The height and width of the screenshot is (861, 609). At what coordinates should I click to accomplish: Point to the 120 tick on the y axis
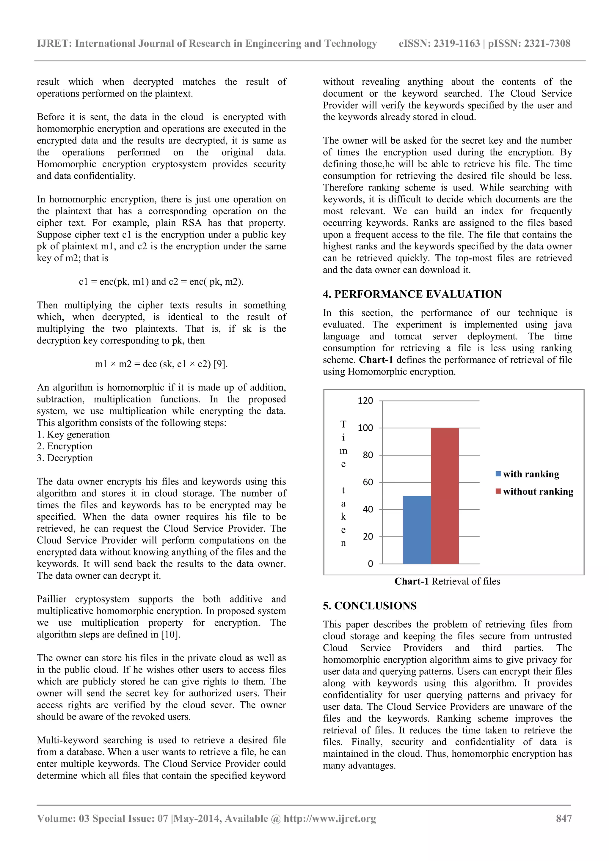[x=365, y=401]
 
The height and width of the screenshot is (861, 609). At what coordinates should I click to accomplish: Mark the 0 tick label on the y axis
[x=370, y=563]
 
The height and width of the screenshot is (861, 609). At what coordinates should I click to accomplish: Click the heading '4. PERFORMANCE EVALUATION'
[x=412, y=294]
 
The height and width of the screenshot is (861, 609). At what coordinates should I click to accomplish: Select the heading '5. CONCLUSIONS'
[x=370, y=606]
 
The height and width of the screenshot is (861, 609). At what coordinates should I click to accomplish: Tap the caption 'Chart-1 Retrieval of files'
[x=447, y=581]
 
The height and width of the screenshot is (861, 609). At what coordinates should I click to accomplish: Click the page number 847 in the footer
[x=564, y=818]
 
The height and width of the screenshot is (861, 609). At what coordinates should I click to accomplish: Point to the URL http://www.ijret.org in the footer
[x=329, y=818]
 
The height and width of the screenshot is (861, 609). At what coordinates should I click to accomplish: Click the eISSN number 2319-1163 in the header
[x=457, y=43]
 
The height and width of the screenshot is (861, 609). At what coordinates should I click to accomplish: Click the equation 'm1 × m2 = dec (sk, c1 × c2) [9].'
[x=161, y=364]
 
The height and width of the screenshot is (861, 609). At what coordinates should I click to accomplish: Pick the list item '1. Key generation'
[x=73, y=434]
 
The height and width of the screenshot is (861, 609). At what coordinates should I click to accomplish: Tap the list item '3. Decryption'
[x=65, y=458]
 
